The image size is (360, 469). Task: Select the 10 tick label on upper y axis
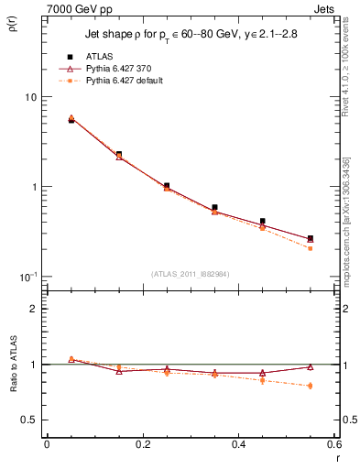pyautogui.click(x=30, y=97)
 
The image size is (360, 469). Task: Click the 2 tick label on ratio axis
pyautogui.click(x=34, y=309)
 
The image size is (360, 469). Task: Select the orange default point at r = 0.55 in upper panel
pyautogui.click(x=310, y=248)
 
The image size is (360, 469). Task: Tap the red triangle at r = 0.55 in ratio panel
pyautogui.click(x=310, y=366)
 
